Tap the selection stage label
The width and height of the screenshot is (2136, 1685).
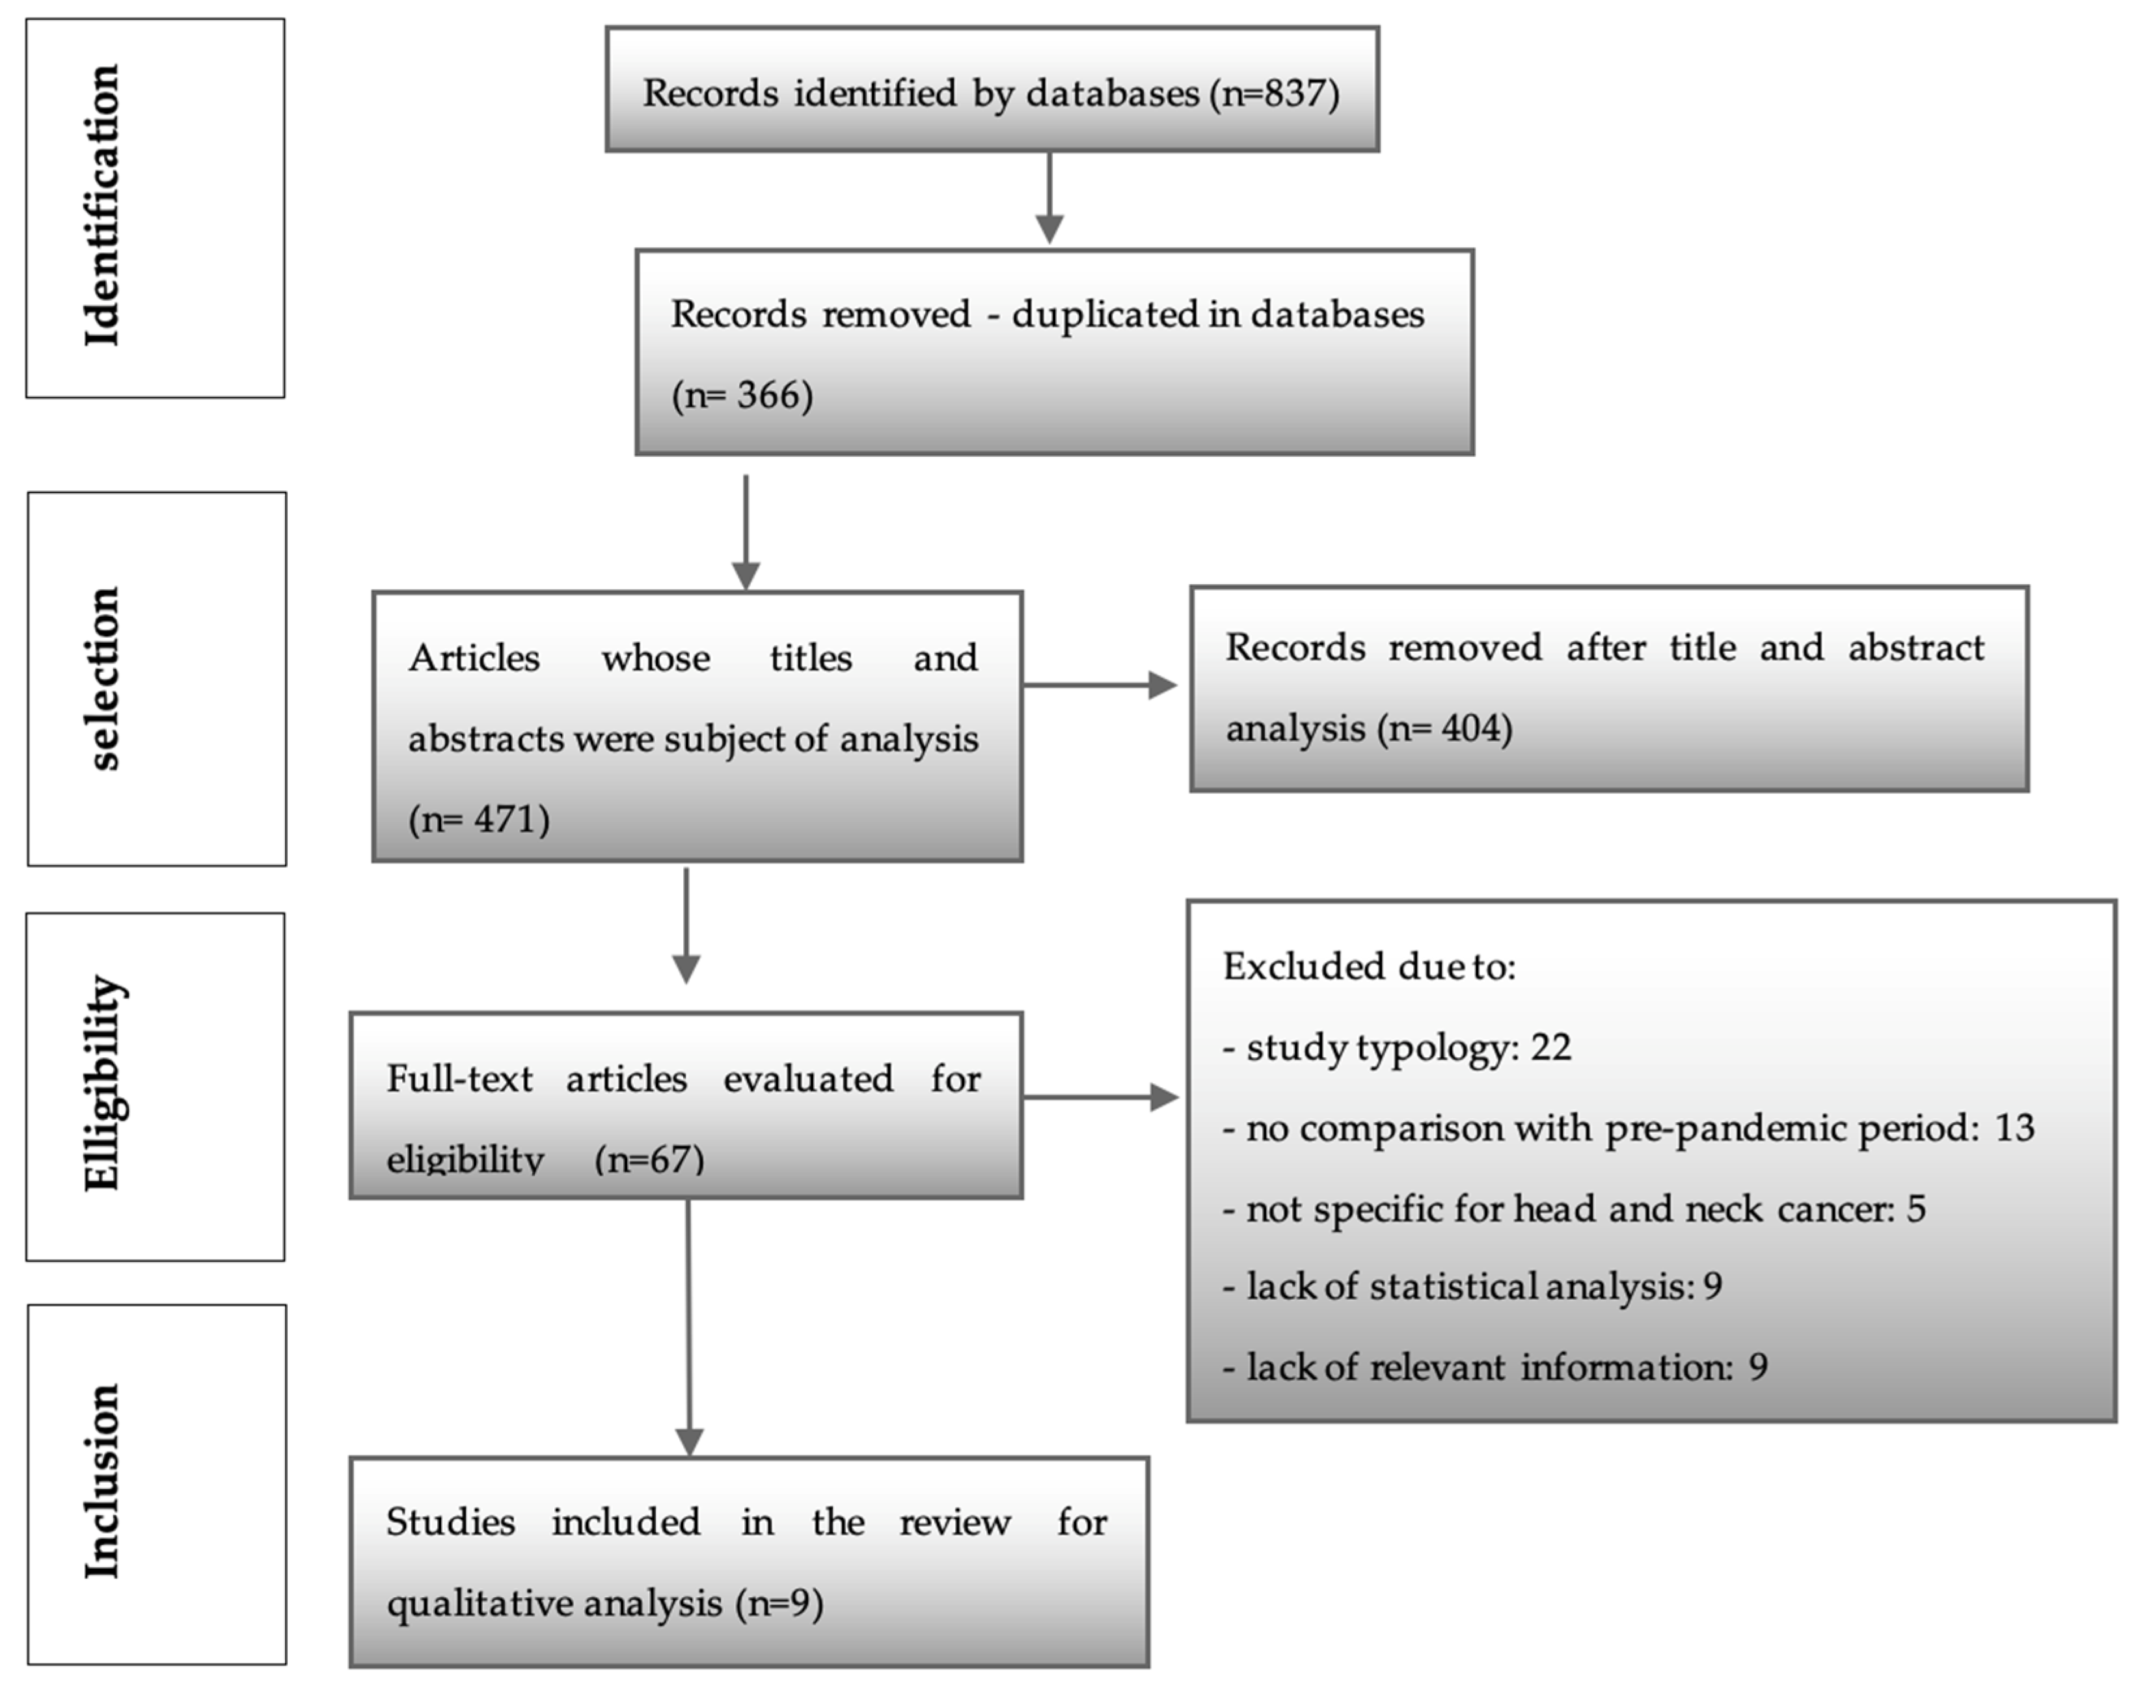click(x=103, y=679)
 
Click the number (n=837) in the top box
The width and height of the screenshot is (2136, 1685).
click(x=1275, y=94)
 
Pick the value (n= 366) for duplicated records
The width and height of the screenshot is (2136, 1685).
click(x=742, y=396)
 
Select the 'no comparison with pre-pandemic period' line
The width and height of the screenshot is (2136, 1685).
click(x=1628, y=1127)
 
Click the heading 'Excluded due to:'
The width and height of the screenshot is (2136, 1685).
click(x=1368, y=967)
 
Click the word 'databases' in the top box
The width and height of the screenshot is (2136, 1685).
click(x=1112, y=94)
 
